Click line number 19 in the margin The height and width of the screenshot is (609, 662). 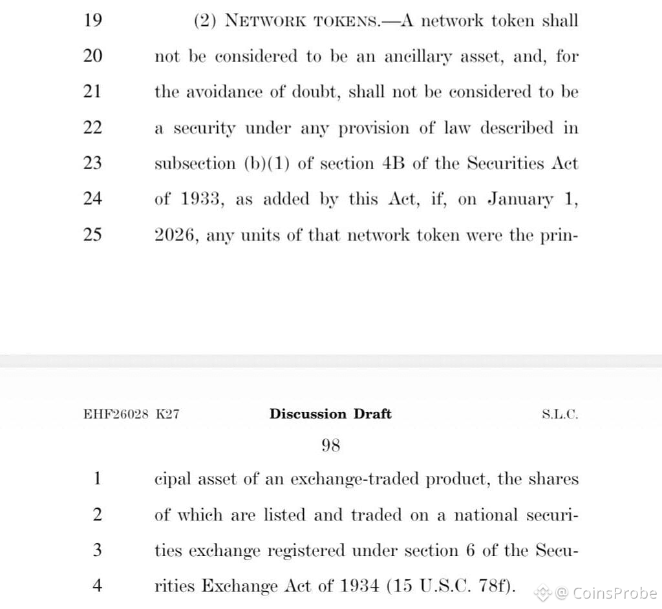point(92,21)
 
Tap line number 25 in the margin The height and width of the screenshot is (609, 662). point(92,234)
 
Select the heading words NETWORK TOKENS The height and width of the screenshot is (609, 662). point(303,21)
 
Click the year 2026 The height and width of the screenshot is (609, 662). point(176,235)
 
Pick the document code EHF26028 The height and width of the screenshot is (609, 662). point(116,415)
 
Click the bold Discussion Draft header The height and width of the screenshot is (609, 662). point(330,414)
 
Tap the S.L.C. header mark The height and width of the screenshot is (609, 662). point(560,415)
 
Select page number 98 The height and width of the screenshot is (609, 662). point(330,445)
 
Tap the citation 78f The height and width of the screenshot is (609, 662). point(498,586)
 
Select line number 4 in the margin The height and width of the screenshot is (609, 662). point(97,586)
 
